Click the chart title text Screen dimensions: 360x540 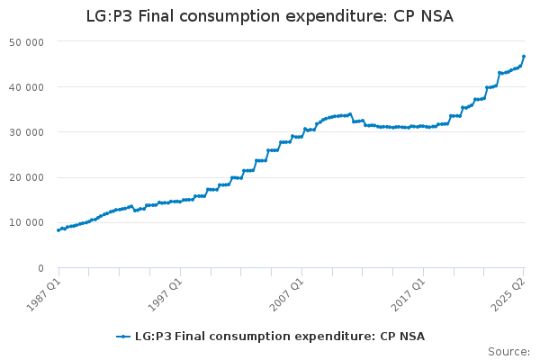(x=270, y=16)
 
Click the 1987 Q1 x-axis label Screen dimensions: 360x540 (x=42, y=290)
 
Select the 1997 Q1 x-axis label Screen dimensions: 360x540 (x=165, y=290)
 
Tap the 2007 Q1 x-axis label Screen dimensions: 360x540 (x=286, y=290)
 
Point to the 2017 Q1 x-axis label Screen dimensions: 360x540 (x=408, y=290)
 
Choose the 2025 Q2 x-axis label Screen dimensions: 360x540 (x=508, y=290)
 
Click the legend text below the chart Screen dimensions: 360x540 (x=279, y=337)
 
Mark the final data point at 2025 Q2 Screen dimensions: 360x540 (x=524, y=57)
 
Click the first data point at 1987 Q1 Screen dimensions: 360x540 (x=58, y=230)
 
